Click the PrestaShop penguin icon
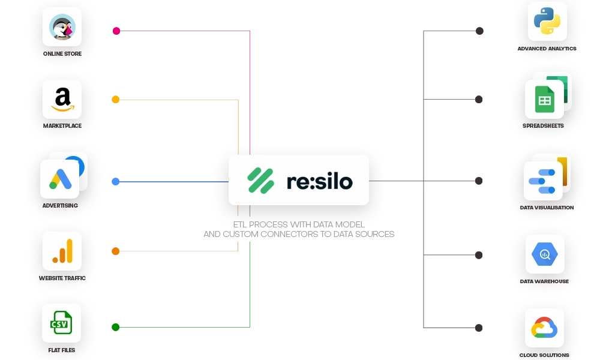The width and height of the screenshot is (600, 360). click(62, 27)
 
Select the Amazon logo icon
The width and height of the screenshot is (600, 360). click(62, 99)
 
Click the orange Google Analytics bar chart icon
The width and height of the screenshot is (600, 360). click(62, 251)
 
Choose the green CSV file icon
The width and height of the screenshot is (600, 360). click(61, 323)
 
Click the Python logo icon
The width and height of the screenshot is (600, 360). click(547, 22)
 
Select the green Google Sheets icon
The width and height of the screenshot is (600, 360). click(544, 99)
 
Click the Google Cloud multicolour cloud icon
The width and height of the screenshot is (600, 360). click(545, 328)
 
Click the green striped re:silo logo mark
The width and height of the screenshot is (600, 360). click(261, 181)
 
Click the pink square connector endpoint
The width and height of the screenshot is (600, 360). click(116, 29)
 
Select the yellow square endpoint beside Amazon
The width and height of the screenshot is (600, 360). click(116, 98)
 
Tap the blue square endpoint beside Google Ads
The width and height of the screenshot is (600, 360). click(116, 181)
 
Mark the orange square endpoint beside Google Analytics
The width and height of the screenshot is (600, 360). click(116, 251)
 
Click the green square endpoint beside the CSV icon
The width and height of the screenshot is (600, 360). click(115, 326)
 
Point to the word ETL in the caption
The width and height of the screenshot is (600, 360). click(239, 225)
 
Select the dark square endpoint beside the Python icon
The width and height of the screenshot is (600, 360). click(480, 30)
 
